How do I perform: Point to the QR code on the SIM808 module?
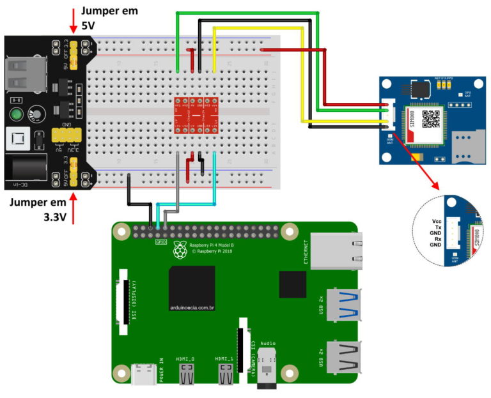click(432, 119)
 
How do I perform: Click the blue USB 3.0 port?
click(343, 305)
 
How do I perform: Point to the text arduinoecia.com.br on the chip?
click(191, 308)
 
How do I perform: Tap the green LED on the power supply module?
click(15, 116)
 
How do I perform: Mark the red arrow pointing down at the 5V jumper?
click(73, 22)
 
